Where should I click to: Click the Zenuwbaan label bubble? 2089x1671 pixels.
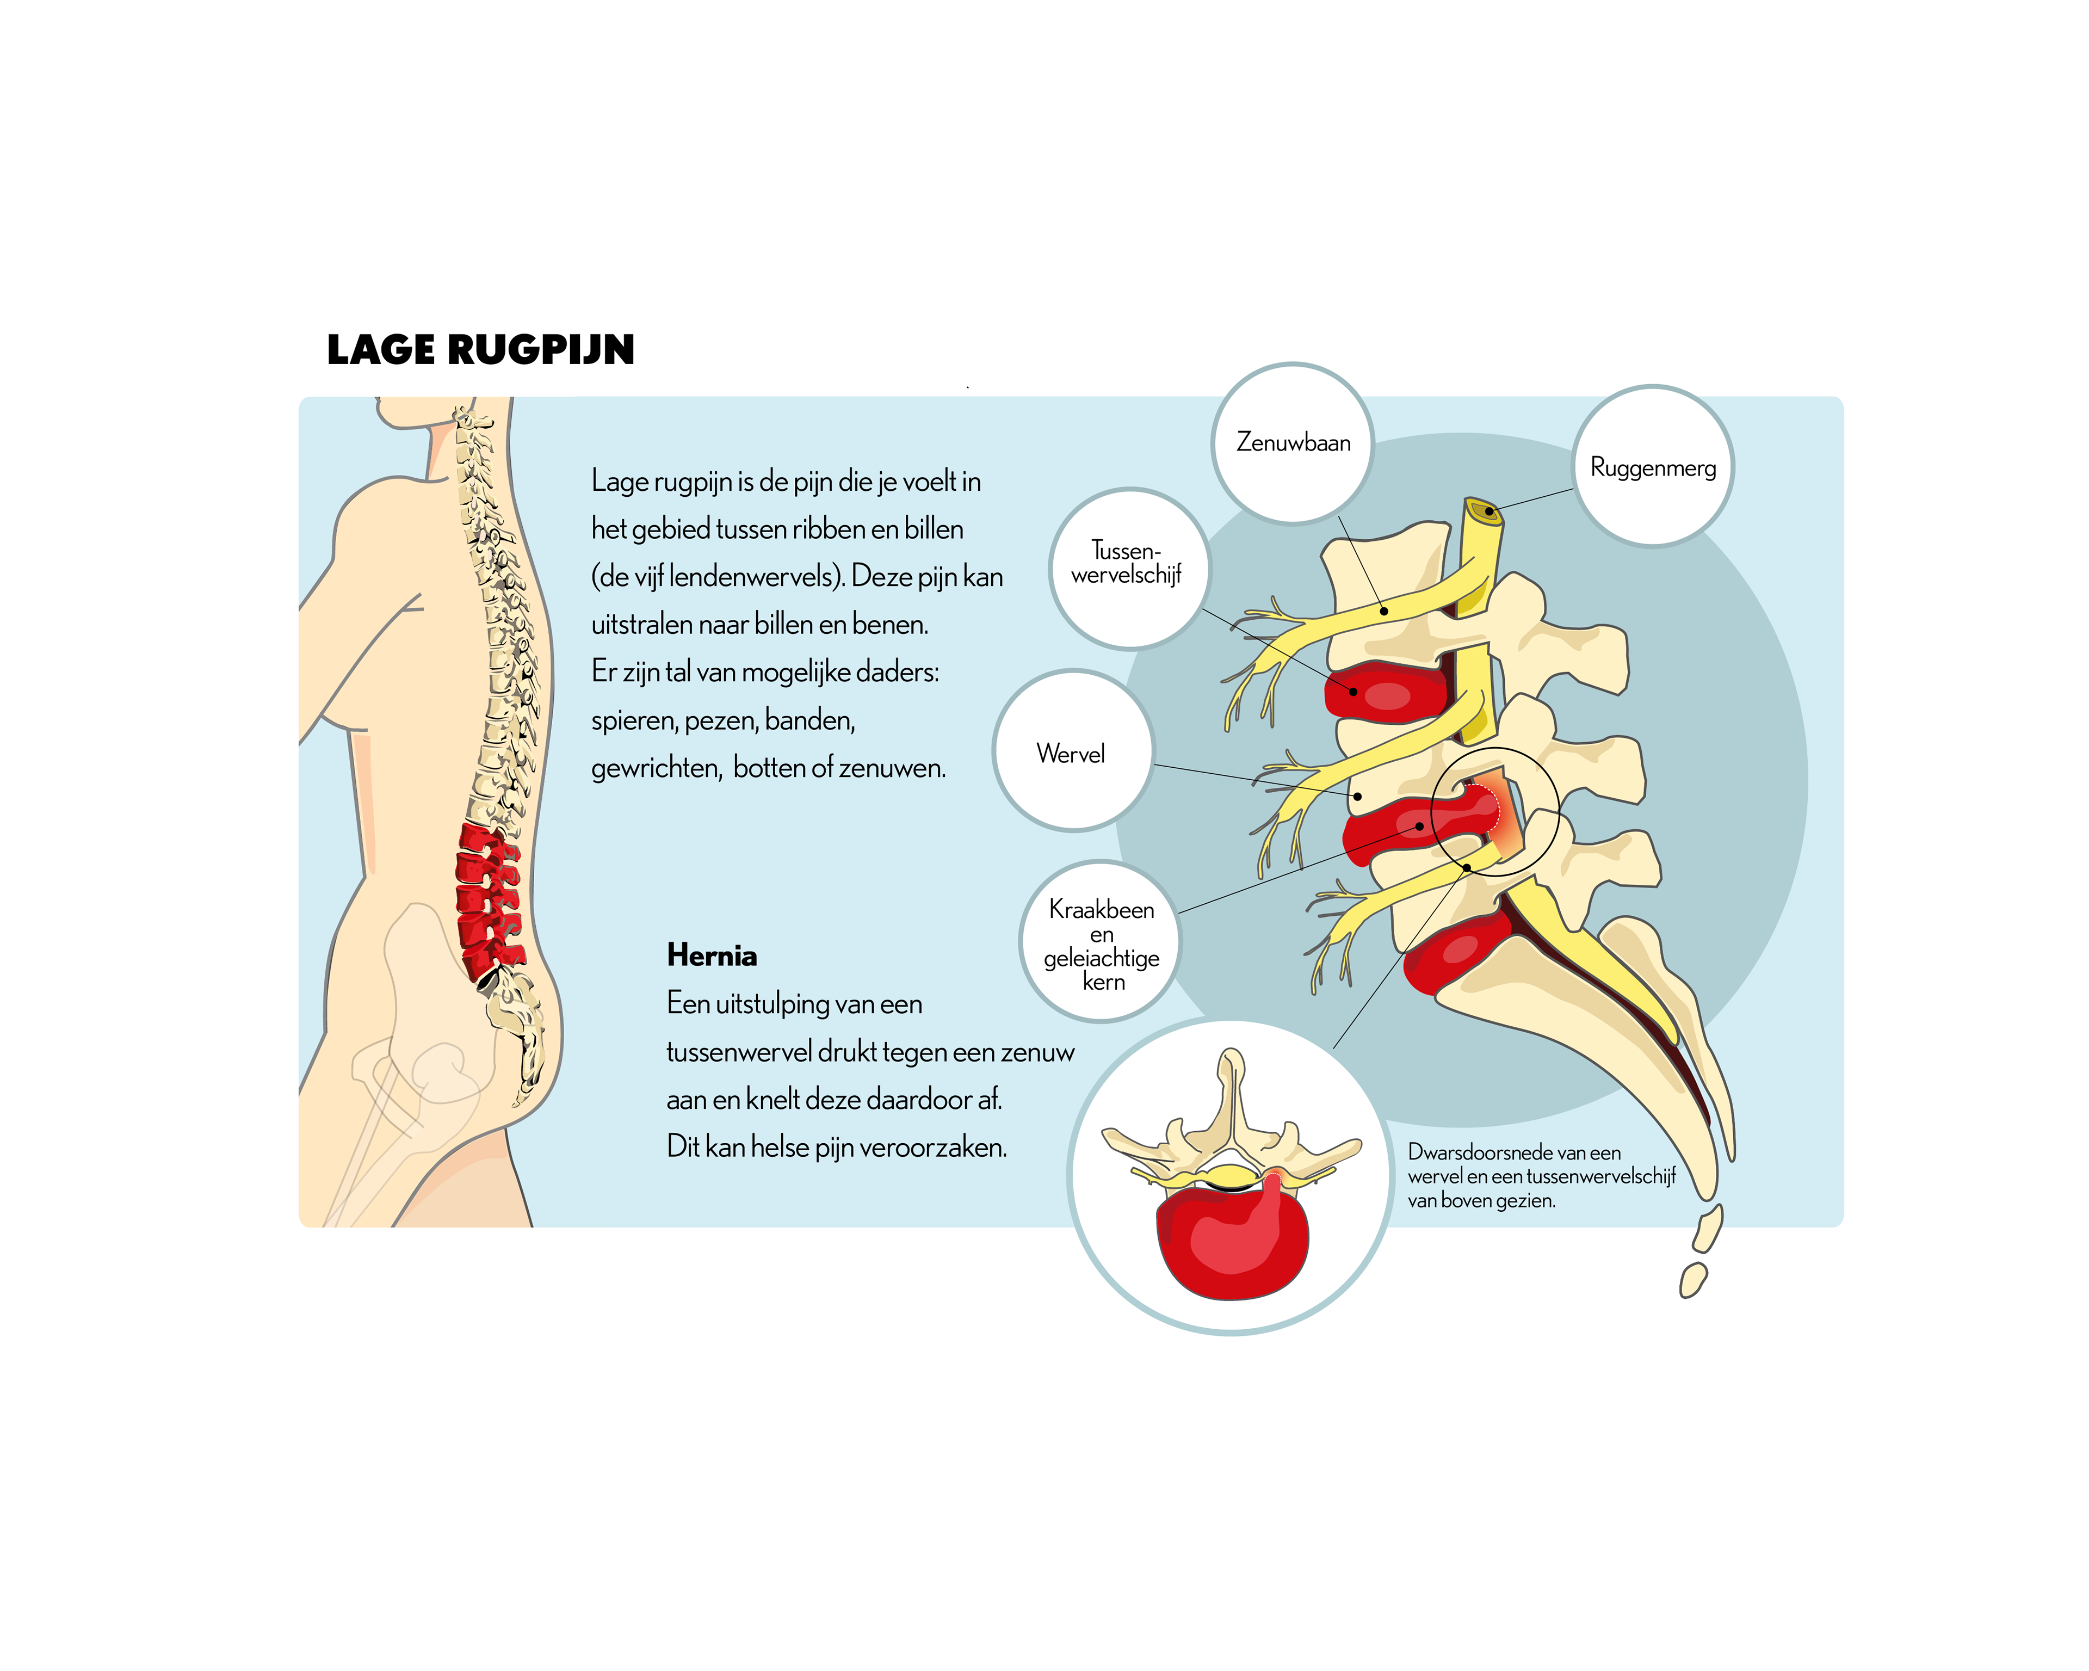point(1293,443)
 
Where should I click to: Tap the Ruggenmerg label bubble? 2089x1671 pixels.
point(1652,467)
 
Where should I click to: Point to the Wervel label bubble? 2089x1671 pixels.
point(1071,753)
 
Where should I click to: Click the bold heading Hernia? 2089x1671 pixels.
point(711,955)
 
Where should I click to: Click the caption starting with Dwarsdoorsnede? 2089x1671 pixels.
point(1541,1176)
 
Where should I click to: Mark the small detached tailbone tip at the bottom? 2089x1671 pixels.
point(1693,1279)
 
